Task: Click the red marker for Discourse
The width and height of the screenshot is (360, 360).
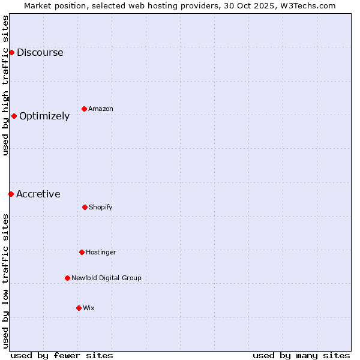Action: point(11,52)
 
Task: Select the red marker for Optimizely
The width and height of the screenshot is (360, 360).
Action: point(14,116)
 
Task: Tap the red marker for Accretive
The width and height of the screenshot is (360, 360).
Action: point(11,194)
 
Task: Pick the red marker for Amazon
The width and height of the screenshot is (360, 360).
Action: point(84,109)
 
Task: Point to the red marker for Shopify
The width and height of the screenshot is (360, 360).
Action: point(85,207)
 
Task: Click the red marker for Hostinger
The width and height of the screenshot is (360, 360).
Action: point(82,252)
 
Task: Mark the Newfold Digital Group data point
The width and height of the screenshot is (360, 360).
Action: point(67,278)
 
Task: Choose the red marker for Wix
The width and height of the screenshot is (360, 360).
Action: point(79,308)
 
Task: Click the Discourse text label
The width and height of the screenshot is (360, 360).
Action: point(40,52)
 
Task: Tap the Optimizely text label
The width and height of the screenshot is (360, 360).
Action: point(44,116)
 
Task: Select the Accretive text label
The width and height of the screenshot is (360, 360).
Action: point(38,194)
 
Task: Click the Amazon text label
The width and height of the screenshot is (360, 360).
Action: point(101,109)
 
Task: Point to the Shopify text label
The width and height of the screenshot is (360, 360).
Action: point(101,207)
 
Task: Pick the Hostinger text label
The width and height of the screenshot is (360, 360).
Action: point(101,252)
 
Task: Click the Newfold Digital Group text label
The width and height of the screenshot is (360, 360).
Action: point(106,278)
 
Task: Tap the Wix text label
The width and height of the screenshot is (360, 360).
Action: point(89,308)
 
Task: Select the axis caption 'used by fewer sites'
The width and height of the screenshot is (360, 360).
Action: point(62,355)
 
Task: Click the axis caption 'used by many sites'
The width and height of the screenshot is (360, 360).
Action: point(301,355)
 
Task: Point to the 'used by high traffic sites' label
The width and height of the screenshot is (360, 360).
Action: point(5,85)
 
